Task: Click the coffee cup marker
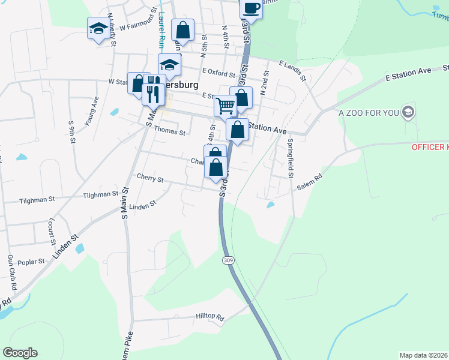252,8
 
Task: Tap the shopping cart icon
226,106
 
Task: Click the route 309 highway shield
228,260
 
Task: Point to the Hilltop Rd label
209,316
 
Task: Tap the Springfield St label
290,158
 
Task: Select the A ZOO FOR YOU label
369,112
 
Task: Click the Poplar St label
33,262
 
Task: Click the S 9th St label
71,131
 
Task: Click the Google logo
20,353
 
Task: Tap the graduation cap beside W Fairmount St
98,28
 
